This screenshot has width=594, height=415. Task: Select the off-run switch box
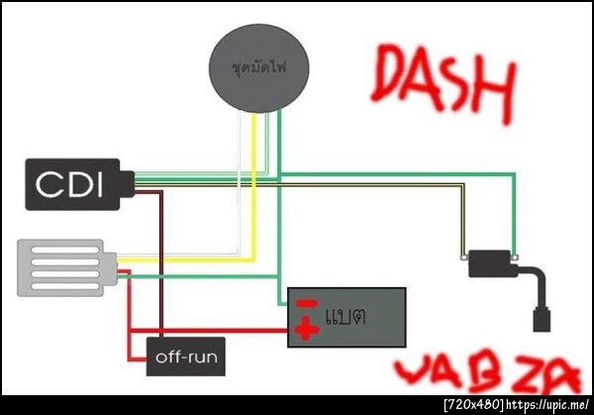(x=186, y=357)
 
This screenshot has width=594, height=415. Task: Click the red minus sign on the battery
(x=308, y=304)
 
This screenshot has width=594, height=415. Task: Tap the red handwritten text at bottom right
(x=485, y=373)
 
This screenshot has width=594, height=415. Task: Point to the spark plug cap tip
(x=541, y=322)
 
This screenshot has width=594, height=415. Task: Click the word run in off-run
(x=204, y=357)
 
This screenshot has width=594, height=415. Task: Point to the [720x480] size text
(x=474, y=405)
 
